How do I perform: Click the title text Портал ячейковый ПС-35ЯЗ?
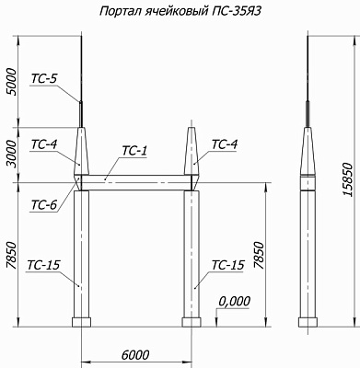coord(180,12)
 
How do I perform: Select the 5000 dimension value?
coord(12,82)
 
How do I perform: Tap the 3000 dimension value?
coord(12,155)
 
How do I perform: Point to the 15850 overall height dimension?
coord(347,179)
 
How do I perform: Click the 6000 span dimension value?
coord(135,355)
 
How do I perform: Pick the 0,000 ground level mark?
coord(235,302)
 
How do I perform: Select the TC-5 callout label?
coord(44,79)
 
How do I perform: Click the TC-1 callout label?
coord(134,151)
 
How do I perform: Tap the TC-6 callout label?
coord(44,205)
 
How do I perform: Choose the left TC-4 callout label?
coord(44,144)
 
